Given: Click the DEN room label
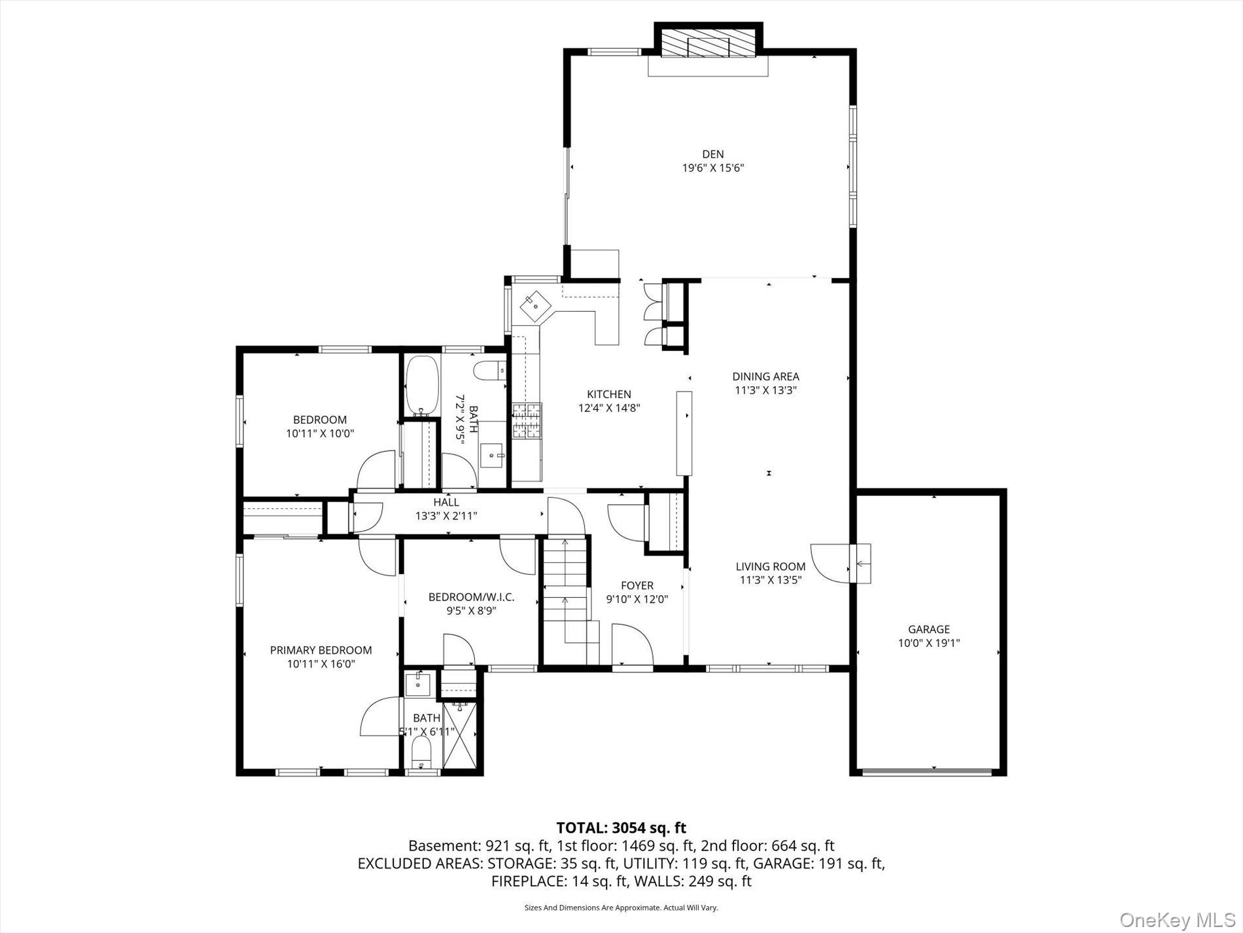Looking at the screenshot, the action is pos(713,155).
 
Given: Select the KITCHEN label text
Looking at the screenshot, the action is pos(609,394).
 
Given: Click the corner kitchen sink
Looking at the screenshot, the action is pos(535,304).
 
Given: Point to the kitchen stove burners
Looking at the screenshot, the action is pos(527,420).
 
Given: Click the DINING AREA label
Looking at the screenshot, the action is pos(765,376).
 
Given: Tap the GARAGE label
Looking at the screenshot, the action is pos(928,630).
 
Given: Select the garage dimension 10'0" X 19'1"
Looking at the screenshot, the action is pos(928,644).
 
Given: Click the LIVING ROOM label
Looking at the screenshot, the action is pos(771,566).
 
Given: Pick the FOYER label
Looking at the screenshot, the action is pos(637,585).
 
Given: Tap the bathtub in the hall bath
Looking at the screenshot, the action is pos(421,386).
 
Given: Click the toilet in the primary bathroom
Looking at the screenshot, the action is pos(421,753).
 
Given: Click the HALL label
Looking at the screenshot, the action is pos(446,502).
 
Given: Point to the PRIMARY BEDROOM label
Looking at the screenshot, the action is pos(321,650).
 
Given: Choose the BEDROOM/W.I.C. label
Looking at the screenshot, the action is pos(472,597).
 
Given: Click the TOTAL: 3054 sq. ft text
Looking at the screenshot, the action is pos(621,828).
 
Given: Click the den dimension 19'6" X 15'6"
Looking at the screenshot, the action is pos(713,168).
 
